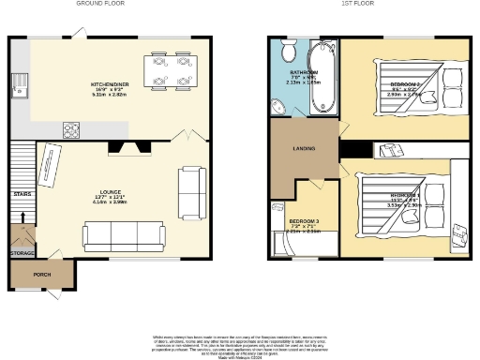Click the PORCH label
pyautogui.click(x=42, y=275)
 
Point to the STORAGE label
pyautogui.click(x=22, y=253)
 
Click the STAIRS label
pyautogui.click(x=22, y=194)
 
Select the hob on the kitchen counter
pyautogui.click(x=74, y=128)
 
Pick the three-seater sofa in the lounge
pyautogui.click(x=124, y=234)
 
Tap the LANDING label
pyautogui.click(x=303, y=148)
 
